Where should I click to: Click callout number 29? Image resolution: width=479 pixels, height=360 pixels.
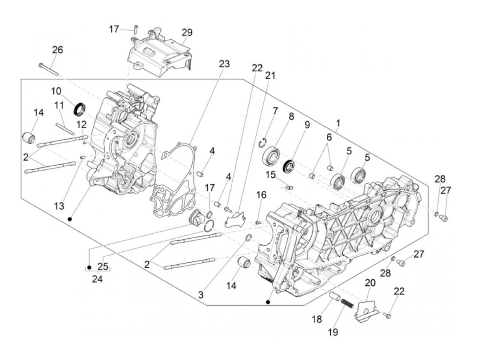pos(187,33)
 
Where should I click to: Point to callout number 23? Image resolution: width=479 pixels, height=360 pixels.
pos(224,64)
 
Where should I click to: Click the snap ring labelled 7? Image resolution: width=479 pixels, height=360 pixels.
pos(263,143)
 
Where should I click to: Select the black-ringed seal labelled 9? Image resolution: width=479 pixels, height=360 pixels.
pos(289,165)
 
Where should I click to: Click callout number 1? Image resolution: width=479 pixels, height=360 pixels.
pos(338,123)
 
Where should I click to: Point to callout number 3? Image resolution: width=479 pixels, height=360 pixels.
pos(201,295)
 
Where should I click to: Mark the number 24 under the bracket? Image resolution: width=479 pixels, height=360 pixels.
pos(97,279)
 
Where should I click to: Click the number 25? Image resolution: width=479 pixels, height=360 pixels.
pos(103,266)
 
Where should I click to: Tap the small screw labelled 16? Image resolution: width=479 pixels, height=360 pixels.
pos(258,222)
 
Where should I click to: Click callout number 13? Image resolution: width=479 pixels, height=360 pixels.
pos(59,206)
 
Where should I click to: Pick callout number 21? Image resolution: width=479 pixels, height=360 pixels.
pos(270,75)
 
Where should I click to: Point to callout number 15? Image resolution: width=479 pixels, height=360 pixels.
pos(271,175)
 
